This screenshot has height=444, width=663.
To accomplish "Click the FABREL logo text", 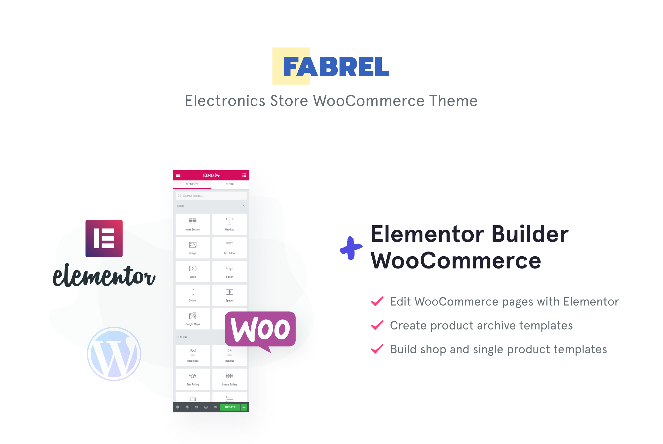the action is click(x=336, y=67).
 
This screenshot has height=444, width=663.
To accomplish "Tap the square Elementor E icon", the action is click(x=104, y=238).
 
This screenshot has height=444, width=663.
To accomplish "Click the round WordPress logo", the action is click(x=114, y=354).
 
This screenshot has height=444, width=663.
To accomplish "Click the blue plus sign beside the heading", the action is click(x=351, y=248).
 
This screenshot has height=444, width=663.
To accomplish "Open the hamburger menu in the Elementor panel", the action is click(x=178, y=175).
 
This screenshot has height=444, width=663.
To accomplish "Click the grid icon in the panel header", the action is click(x=244, y=175).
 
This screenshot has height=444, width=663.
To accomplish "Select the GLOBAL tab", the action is click(x=230, y=184).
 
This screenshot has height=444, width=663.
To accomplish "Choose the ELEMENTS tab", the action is click(x=192, y=184).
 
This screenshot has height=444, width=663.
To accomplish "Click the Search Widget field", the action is click(x=211, y=196).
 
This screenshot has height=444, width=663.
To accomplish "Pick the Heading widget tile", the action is click(x=229, y=224).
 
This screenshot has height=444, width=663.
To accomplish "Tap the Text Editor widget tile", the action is click(x=229, y=248).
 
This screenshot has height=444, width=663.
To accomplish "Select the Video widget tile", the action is click(x=193, y=272).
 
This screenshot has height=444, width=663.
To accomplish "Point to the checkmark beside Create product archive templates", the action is click(x=377, y=325).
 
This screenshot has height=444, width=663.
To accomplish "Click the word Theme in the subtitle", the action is click(x=453, y=101).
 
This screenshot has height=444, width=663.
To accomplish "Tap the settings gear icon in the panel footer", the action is click(x=178, y=407).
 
